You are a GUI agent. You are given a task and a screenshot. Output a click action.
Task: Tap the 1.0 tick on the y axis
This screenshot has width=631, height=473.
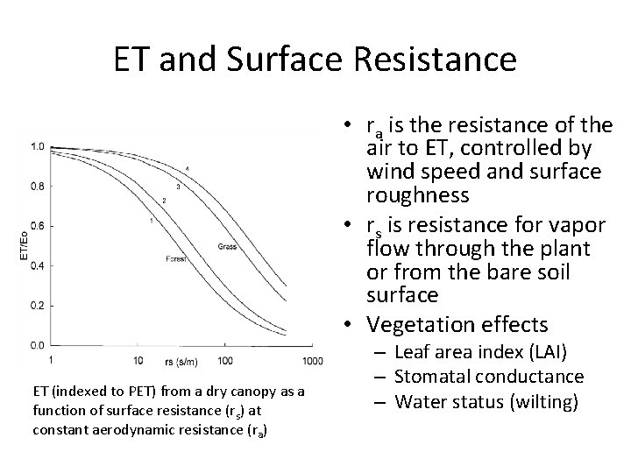38,147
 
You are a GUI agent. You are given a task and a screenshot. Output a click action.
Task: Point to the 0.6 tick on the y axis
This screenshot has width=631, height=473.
38,226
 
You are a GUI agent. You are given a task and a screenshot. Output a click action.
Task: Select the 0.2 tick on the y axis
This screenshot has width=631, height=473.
38,305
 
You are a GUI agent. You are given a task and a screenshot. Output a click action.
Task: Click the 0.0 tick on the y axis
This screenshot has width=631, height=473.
38,344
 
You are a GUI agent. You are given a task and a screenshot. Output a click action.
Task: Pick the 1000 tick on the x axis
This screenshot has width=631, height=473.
312,361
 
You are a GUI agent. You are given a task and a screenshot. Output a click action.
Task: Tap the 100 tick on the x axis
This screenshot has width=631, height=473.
225,361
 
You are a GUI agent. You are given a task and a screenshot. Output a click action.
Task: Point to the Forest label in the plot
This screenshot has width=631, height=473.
178,258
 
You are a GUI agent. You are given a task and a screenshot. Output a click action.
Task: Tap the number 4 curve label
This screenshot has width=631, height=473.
188,168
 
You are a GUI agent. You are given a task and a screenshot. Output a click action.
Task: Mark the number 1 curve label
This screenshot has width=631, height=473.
151,221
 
